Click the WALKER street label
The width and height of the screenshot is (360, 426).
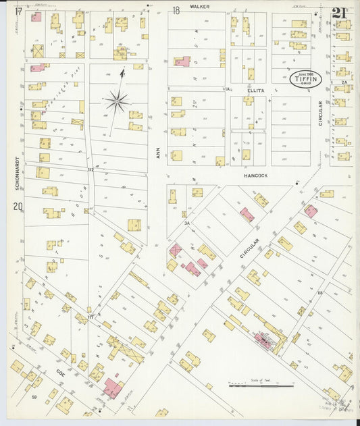click(x=199, y=6)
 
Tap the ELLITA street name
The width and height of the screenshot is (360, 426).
click(x=255, y=89)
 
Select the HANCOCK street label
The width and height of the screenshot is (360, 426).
click(x=255, y=175)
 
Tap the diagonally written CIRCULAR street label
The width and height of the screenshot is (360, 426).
click(x=249, y=251)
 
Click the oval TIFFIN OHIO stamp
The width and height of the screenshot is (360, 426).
click(x=305, y=79)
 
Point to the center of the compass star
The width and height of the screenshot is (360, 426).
click(x=117, y=102)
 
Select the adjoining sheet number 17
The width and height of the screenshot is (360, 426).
click(x=18, y=11)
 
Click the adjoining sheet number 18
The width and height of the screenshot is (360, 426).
click(x=176, y=10)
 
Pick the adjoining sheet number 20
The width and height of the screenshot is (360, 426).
click(x=18, y=207)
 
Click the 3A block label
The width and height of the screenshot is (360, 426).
click(x=186, y=222)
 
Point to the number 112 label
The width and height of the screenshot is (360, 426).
click(x=90, y=169)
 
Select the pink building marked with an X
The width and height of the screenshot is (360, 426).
click(x=176, y=250)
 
